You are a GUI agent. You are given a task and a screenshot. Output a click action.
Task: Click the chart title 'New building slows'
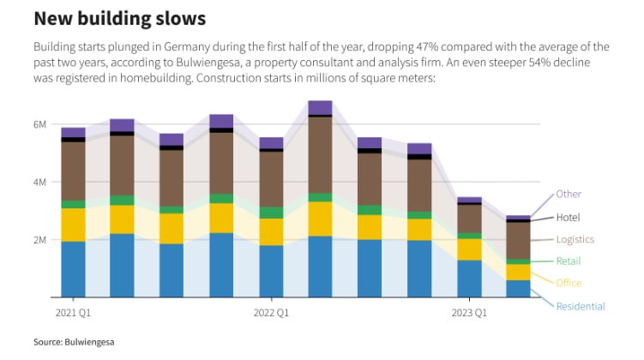coord(119,17)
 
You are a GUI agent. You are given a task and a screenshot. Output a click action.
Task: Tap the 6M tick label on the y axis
coord(39,124)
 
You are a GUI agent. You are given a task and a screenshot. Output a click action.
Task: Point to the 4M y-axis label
coord(39,183)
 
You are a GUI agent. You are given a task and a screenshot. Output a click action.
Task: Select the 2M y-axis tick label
coord(39,240)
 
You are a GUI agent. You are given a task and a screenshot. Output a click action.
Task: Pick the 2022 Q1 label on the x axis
coord(271,313)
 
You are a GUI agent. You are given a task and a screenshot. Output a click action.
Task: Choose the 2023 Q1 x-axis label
coord(470,313)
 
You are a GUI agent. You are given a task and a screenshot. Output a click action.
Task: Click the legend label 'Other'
coord(569,194)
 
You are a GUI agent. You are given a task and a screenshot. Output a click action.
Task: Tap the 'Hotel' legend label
coord(569,218)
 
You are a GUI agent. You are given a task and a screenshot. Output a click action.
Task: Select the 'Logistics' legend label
coord(575,240)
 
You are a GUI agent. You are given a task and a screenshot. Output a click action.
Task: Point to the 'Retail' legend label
coord(569,261)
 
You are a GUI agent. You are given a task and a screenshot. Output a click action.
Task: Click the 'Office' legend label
coord(569,283)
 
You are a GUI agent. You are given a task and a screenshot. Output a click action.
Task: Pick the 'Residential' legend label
coord(581,306)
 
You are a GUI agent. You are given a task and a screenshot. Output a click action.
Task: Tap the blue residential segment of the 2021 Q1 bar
coord(73,269)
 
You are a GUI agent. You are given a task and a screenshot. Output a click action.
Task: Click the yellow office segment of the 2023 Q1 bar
coord(469,249)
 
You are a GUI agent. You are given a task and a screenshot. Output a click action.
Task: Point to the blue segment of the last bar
coord(519,288)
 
